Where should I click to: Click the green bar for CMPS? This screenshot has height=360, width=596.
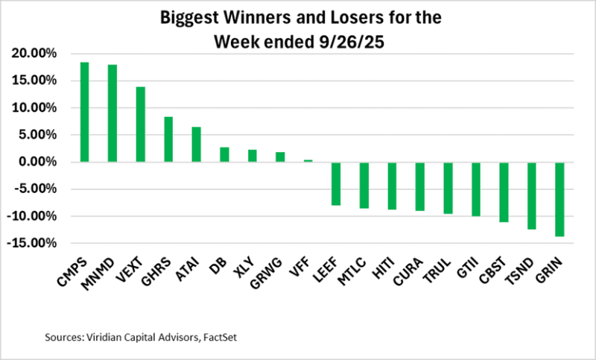point(84,112)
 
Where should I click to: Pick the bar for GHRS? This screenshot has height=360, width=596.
point(168,139)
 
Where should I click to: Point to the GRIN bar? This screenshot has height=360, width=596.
point(559,199)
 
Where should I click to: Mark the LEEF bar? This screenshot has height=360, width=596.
point(335,183)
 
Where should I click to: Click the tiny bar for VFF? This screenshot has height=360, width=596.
point(308,160)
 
